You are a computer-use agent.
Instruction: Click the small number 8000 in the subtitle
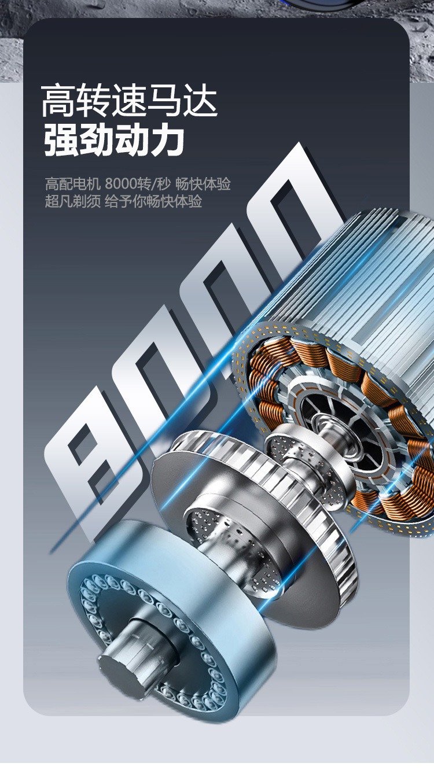[x=121, y=183]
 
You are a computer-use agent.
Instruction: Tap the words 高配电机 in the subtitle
[x=72, y=183]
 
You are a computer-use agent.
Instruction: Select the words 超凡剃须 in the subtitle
[x=72, y=201]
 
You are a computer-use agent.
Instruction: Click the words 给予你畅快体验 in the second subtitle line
[x=153, y=201]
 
